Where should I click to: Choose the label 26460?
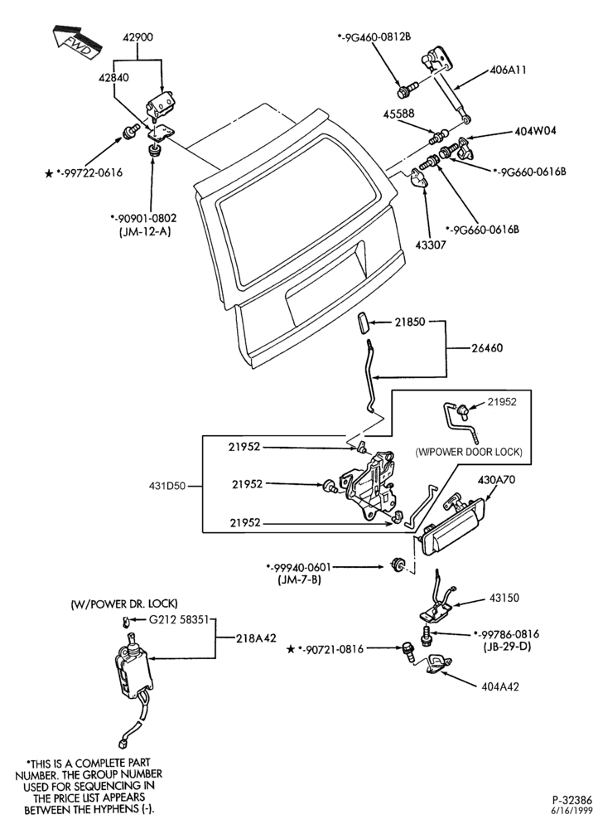tap(487, 348)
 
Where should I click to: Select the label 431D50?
tap(166, 485)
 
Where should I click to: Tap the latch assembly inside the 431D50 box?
tap(369, 487)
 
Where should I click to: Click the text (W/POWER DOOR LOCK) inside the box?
tap(468, 452)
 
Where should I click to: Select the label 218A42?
tap(256, 638)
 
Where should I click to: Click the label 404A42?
tap(500, 686)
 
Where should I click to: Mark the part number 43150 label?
tap(504, 598)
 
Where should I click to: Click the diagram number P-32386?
tap(572, 800)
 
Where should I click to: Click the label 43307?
tap(431, 245)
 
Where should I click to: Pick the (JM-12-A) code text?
tap(144, 231)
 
